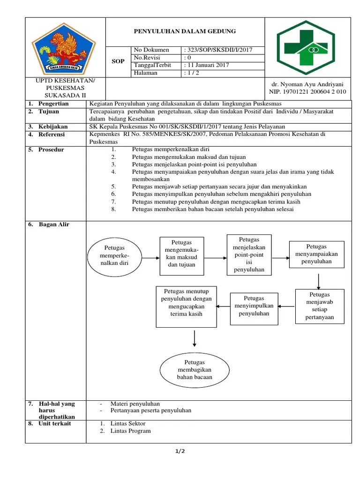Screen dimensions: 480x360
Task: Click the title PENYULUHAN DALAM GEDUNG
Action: click(x=185, y=31)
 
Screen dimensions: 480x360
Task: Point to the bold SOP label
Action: click(x=118, y=61)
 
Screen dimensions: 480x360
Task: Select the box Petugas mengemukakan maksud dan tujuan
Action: click(x=181, y=255)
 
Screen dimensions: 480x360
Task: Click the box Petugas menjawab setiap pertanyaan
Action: click(x=320, y=306)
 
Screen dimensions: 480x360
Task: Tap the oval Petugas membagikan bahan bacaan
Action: click(x=195, y=369)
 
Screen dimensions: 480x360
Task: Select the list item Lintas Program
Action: click(x=130, y=431)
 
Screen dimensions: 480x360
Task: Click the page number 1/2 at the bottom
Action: click(x=180, y=451)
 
